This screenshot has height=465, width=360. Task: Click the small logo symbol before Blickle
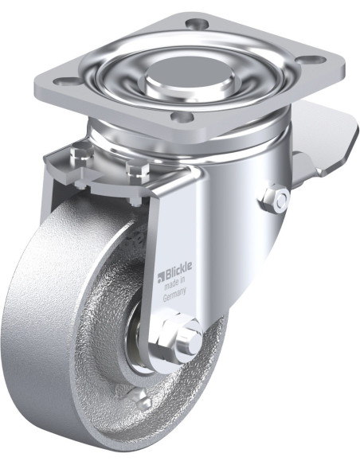(160, 275)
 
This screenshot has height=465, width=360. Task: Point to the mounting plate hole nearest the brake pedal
(319, 59)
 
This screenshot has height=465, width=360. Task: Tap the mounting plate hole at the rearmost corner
(196, 22)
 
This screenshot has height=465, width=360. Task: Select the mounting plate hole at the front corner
(182, 115)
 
